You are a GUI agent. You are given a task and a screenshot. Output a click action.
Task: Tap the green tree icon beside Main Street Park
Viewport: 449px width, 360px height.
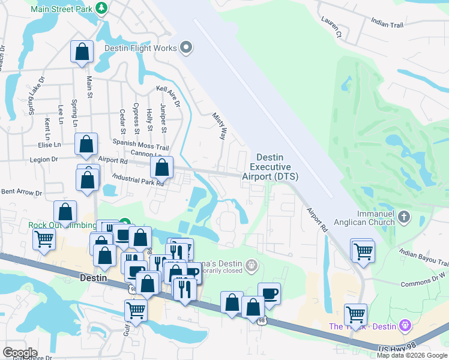(102, 7)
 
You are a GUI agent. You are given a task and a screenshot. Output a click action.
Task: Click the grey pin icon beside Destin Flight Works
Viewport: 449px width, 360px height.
(186, 48)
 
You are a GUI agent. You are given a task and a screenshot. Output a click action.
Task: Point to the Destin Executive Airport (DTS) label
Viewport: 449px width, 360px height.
(270, 167)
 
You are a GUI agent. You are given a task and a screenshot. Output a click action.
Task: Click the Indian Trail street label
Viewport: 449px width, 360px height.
(387, 23)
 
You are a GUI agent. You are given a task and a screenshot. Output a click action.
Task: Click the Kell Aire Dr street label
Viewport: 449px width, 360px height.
(168, 96)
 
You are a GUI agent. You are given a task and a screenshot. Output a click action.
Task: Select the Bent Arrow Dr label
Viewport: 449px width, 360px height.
(22, 193)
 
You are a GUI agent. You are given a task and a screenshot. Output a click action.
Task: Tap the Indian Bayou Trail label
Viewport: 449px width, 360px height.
(424, 259)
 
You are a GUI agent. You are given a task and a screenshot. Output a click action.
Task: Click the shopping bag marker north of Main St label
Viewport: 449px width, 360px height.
(81, 52)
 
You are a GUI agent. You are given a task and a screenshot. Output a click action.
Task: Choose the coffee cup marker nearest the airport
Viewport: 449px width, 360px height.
(269, 293)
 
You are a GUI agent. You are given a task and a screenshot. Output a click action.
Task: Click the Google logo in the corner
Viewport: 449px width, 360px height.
(20, 353)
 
